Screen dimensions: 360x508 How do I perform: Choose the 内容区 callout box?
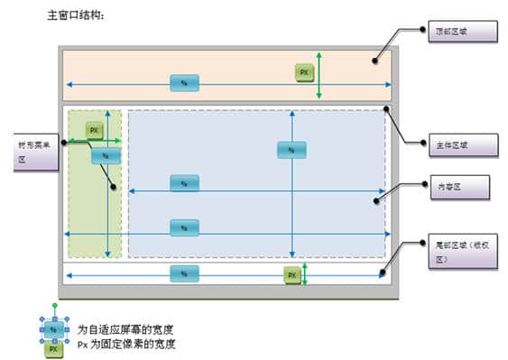tap(457, 187)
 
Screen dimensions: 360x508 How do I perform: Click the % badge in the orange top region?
tap(184, 83)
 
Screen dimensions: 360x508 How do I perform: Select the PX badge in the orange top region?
tap(305, 72)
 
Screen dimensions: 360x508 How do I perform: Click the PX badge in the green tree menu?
tap(93, 130)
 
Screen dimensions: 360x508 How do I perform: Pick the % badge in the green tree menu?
tap(105, 156)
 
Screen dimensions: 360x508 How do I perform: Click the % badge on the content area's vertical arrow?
tap(291, 151)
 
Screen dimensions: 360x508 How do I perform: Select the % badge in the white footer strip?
tap(184, 272)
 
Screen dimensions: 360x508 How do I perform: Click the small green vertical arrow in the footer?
tap(306, 273)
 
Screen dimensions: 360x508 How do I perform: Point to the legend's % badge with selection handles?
tap(53, 330)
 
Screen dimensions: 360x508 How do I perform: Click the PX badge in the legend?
tap(53, 347)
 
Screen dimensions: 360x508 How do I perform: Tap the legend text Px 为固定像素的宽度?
tap(125, 344)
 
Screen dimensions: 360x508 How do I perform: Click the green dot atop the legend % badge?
tap(53, 308)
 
